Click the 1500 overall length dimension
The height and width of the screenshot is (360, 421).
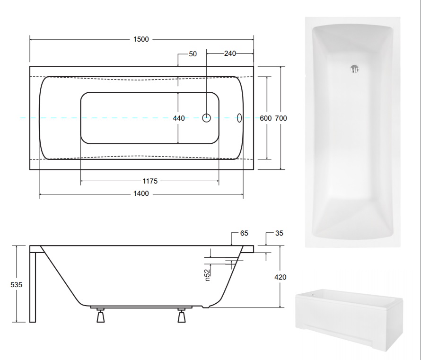pos(141,39)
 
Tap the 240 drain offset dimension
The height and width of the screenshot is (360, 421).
pos(230,53)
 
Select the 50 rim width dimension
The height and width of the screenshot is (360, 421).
pos(193,54)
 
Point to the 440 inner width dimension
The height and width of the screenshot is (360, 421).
pos(179,118)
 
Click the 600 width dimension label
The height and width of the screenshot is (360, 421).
pos(266,118)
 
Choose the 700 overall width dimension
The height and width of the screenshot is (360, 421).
pos(281,118)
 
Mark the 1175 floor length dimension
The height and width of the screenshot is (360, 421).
pos(150,181)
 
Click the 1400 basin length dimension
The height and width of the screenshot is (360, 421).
pos(141,193)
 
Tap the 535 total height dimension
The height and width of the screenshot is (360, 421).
pos(17,285)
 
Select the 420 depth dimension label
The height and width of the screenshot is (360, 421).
pos(281,277)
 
